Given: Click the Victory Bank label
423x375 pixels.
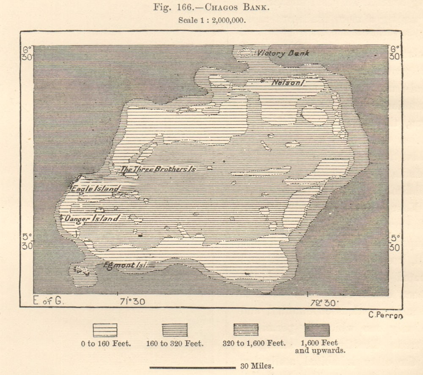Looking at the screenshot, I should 283,53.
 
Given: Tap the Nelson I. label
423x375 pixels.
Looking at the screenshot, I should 288,83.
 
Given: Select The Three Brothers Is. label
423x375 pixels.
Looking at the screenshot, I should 158,169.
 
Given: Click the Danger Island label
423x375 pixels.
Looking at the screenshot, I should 91,218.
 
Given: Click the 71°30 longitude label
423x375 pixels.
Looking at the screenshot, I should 132,302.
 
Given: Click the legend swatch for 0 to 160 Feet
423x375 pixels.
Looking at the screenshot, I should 105,330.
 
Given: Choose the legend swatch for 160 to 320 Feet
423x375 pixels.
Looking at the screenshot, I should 174,330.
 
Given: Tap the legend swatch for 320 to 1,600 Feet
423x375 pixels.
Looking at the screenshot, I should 246,330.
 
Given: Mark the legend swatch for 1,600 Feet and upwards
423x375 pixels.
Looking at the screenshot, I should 317,330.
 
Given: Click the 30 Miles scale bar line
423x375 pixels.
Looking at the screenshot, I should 192,367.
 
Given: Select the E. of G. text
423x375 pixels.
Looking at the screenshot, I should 47,301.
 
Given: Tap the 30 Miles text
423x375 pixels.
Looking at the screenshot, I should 257,367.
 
